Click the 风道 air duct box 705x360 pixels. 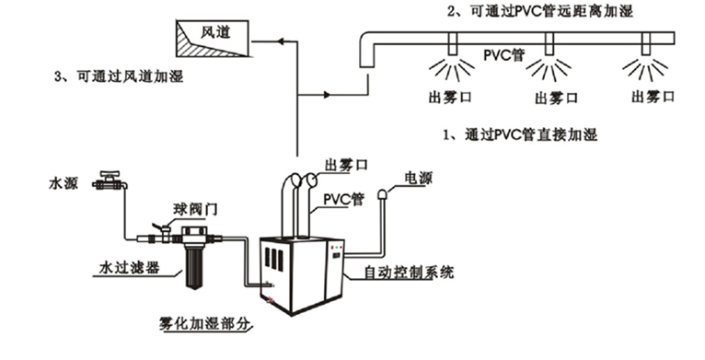(x=213, y=39)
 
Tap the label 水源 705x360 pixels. (x=64, y=183)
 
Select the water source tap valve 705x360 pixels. (x=110, y=180)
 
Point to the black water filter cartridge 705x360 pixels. (x=194, y=268)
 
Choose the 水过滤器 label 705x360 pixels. (x=129, y=268)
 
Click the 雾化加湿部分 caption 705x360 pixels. (x=203, y=323)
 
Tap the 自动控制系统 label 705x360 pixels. (x=409, y=272)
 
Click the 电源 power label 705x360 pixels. (x=418, y=179)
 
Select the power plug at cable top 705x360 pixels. (x=383, y=194)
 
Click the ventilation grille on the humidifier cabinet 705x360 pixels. (x=274, y=259)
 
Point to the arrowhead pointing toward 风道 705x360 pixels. (x=281, y=41)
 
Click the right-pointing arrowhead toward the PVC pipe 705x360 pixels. (x=328, y=95)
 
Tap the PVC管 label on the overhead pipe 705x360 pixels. (x=504, y=55)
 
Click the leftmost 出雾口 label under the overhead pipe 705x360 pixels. (x=450, y=98)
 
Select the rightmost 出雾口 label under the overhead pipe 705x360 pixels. (x=653, y=97)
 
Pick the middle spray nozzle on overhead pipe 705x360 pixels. (x=549, y=44)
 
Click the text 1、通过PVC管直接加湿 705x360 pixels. (x=520, y=134)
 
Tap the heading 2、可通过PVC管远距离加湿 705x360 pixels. (x=540, y=11)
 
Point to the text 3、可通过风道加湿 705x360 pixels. (x=119, y=76)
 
